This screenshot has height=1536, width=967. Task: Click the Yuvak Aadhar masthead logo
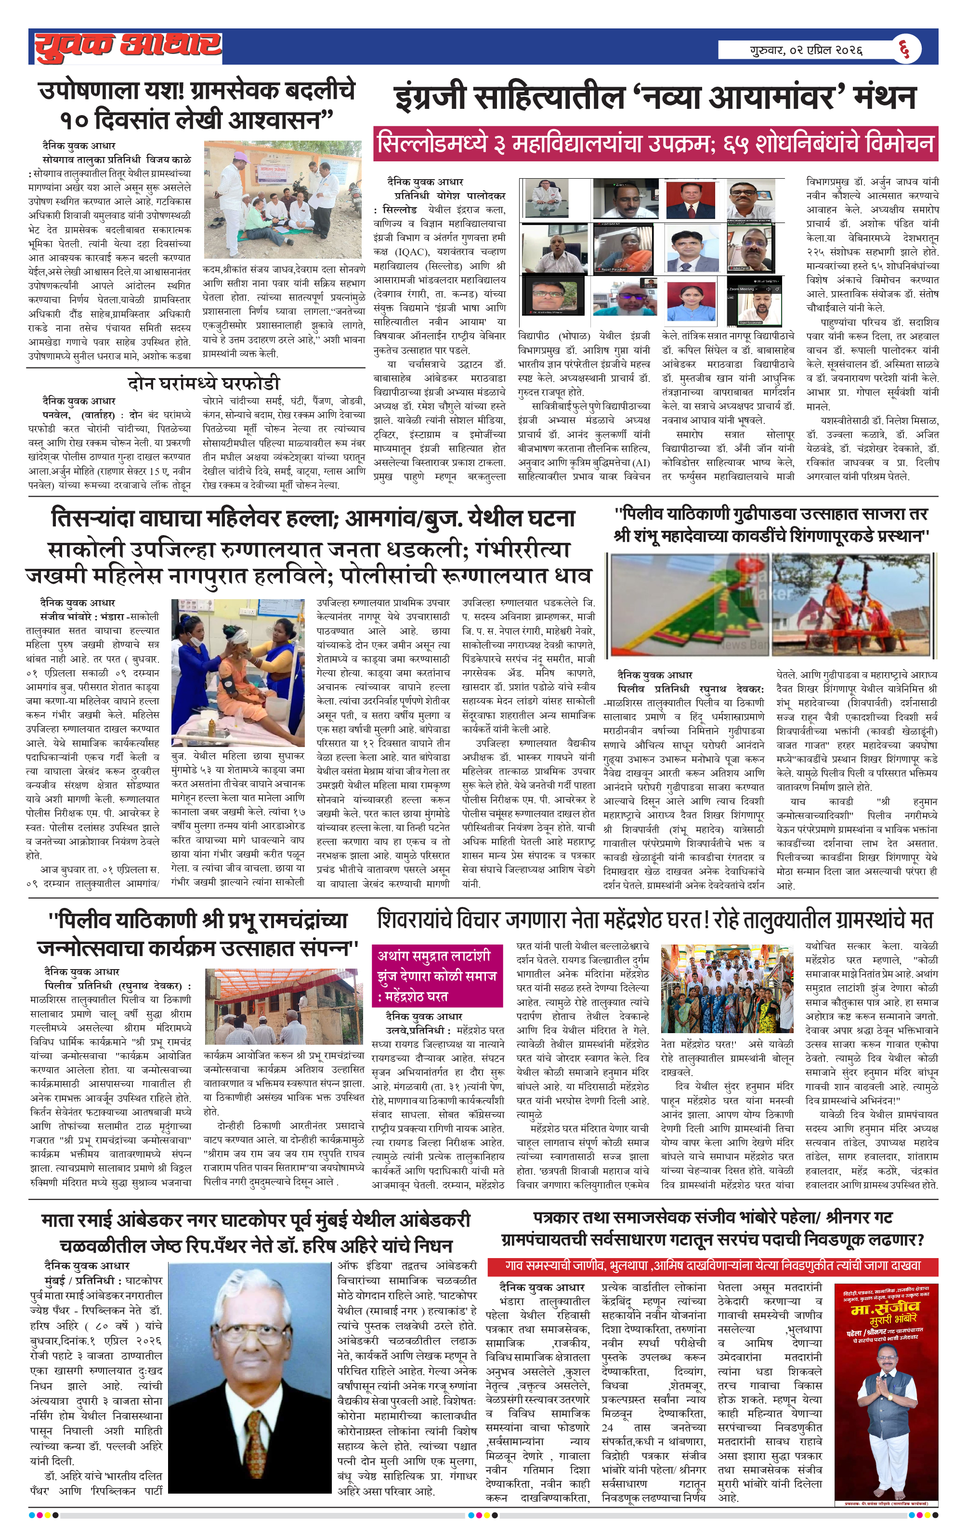pos(128,46)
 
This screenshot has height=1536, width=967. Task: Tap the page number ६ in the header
pos(904,49)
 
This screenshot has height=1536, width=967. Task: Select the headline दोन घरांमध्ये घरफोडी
pos(204,383)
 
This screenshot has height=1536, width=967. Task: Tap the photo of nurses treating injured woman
pos(238,672)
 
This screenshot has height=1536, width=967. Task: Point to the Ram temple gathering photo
pos(284,1007)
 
